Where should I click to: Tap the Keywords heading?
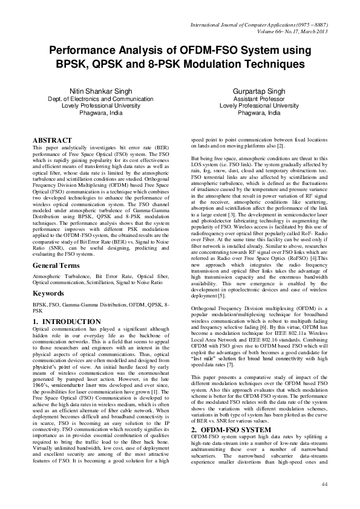(52, 293)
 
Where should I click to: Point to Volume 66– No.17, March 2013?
(289, 31)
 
